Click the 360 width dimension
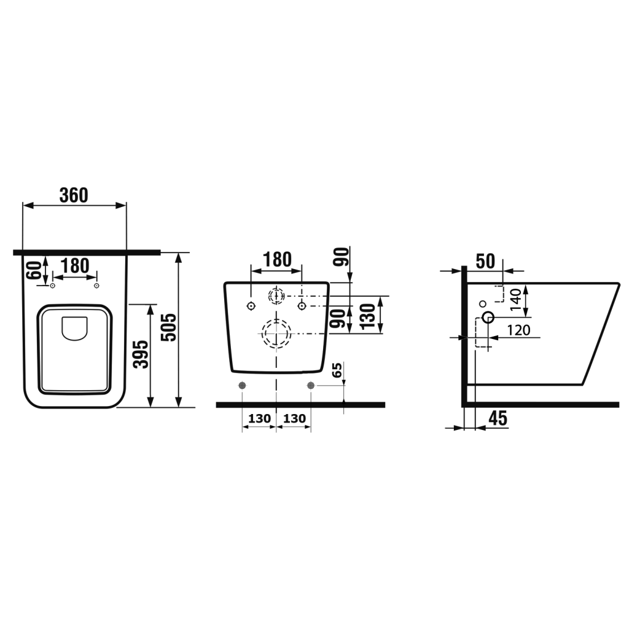[x=74, y=195]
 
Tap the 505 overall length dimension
[x=169, y=327]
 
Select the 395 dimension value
[x=141, y=354]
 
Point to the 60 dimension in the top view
[x=34, y=270]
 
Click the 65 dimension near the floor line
[x=337, y=370]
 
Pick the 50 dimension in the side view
[x=485, y=262]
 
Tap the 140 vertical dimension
[x=515, y=299]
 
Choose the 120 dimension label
[x=518, y=330]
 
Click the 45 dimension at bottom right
[x=498, y=418]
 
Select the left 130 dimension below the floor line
[x=260, y=419]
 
